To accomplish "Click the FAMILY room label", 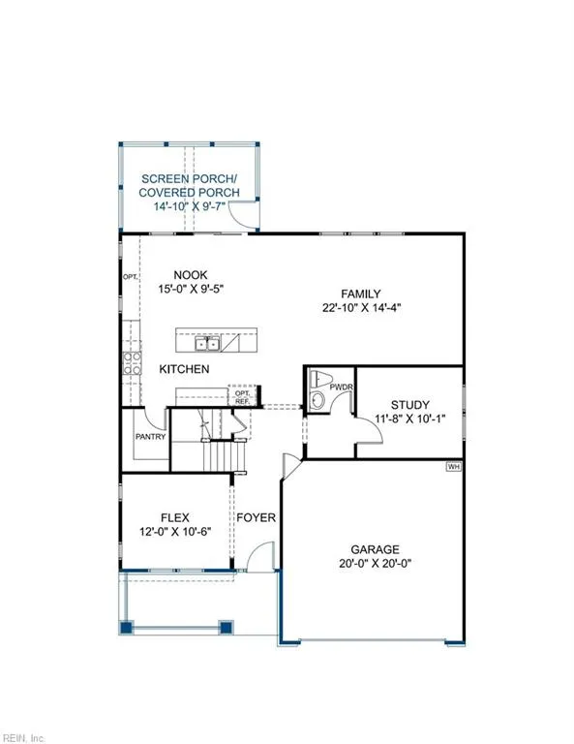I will point(359,294).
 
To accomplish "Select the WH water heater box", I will point(453,467).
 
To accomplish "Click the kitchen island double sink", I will point(207,344).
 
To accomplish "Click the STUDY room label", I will point(409,405).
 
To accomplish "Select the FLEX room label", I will point(174,516).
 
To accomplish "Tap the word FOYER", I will point(257,517).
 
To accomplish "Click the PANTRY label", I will point(151,436).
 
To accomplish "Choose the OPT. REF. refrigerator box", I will point(242,396).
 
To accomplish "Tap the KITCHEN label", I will point(184,370).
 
